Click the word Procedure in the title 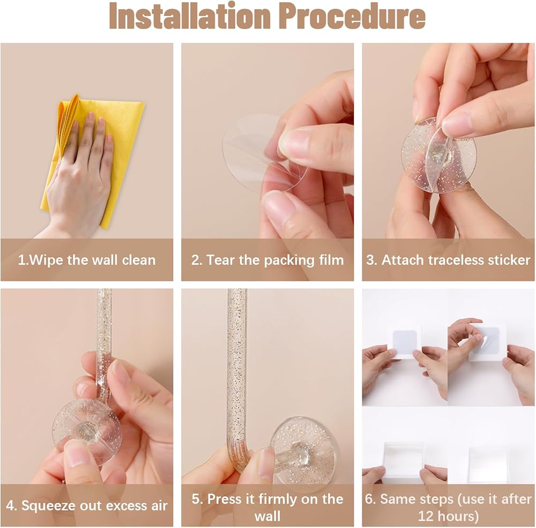click(354, 16)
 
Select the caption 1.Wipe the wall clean click(87, 260)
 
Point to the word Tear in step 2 click(221, 260)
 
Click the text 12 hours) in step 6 click(448, 516)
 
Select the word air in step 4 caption click(159, 506)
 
